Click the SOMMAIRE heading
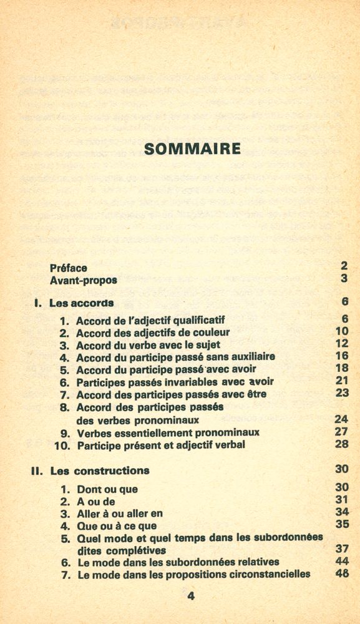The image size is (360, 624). click(192, 149)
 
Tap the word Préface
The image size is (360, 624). click(68, 268)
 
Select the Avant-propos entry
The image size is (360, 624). click(83, 280)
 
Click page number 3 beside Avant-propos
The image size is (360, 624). click(344, 278)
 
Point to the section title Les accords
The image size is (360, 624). click(81, 303)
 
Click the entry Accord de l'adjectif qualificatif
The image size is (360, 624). click(150, 321)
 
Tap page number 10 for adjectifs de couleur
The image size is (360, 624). click(341, 331)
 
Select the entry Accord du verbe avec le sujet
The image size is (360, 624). click(148, 344)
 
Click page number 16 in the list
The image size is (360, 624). click(341, 356)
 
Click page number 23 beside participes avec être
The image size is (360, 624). click(341, 392)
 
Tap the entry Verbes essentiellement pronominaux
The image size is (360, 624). click(168, 432)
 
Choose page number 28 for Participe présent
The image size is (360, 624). click(341, 444)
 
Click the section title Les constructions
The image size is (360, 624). click(100, 470)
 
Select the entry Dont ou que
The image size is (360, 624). click(107, 489)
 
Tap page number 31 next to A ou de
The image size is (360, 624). click(341, 499)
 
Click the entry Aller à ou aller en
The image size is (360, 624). click(119, 514)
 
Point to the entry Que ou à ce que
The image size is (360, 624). click(117, 526)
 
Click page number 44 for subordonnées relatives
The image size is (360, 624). click(341, 562)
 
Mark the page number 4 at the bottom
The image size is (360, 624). click(191, 596)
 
